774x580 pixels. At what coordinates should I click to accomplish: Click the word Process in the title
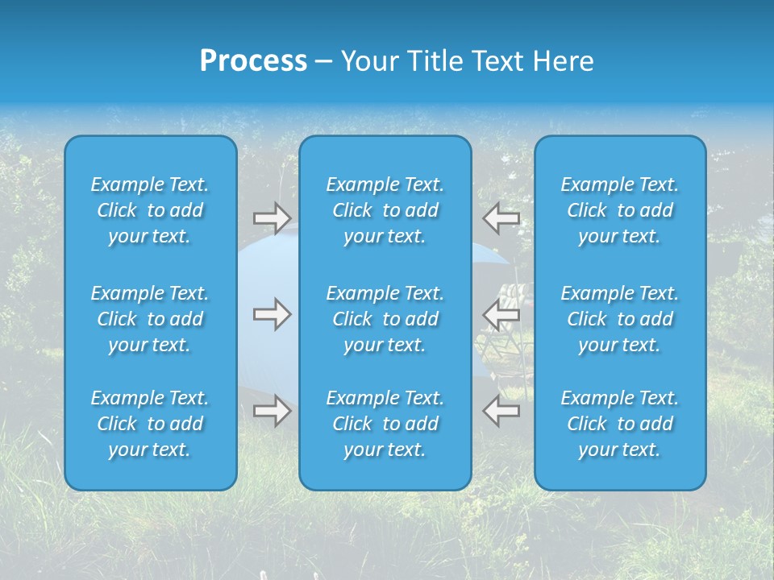[x=253, y=61]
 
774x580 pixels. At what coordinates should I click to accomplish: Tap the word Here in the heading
[x=562, y=61]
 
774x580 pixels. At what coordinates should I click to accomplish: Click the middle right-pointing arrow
[x=272, y=314]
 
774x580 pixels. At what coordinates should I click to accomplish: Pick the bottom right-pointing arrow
[x=272, y=410]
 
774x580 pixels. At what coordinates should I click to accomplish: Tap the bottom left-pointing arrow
[x=501, y=410]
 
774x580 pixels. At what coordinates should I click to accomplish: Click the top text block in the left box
[x=150, y=210]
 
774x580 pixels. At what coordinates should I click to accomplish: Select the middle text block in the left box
[x=150, y=319]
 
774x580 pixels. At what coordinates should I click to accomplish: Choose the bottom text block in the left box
[x=150, y=424]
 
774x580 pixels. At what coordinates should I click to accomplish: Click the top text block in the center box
[x=385, y=210]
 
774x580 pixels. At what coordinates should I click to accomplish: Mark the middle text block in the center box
[x=385, y=319]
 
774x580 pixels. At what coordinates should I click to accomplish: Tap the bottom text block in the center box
[x=385, y=424]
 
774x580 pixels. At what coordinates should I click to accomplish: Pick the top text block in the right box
[x=619, y=210]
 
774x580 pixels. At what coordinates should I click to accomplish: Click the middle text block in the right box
[x=619, y=319]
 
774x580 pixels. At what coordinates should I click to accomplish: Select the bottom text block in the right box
[x=619, y=424]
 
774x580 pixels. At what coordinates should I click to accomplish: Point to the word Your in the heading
[x=368, y=61]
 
